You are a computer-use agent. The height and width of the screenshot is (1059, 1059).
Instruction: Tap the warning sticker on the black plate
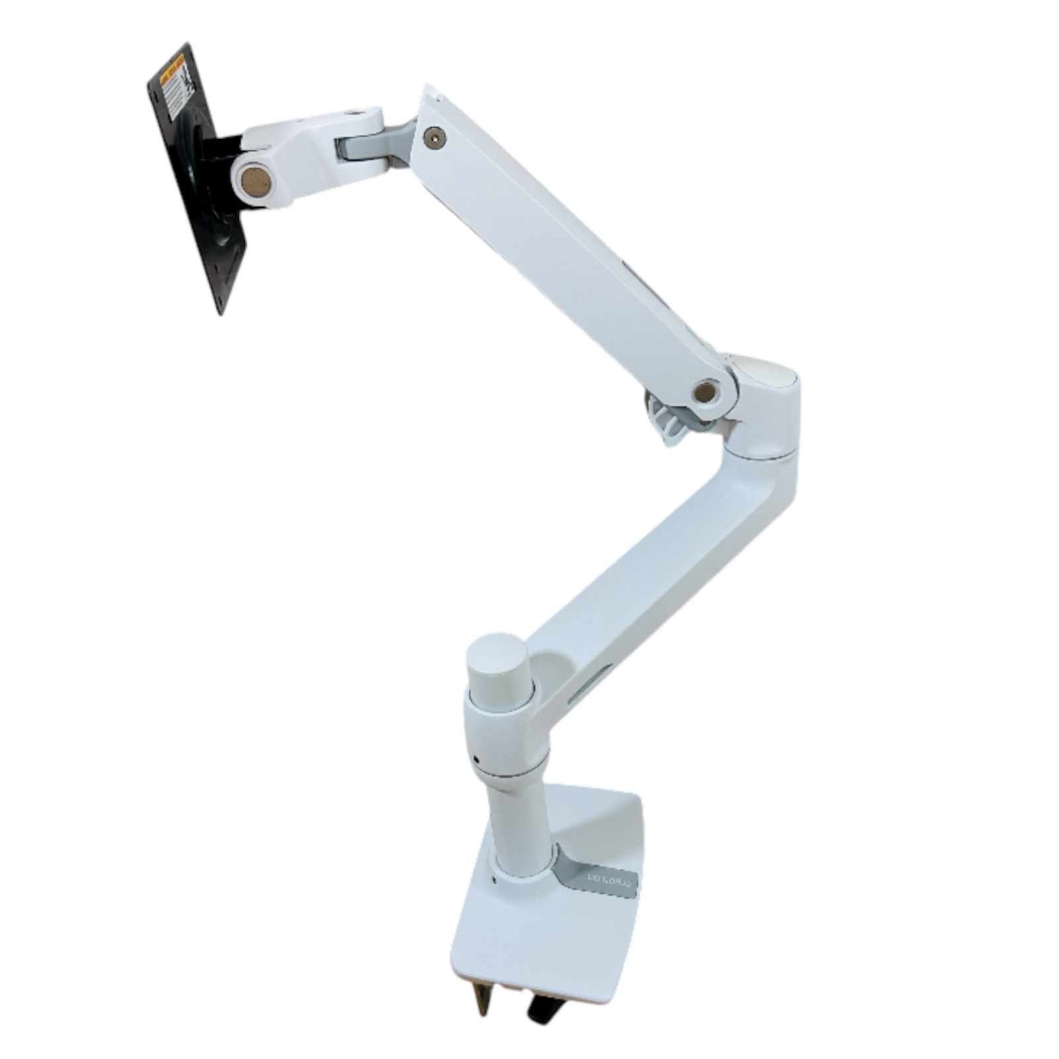pyautogui.click(x=174, y=86)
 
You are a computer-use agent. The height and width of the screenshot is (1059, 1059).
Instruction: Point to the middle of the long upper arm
pyautogui.click(x=569, y=252)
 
